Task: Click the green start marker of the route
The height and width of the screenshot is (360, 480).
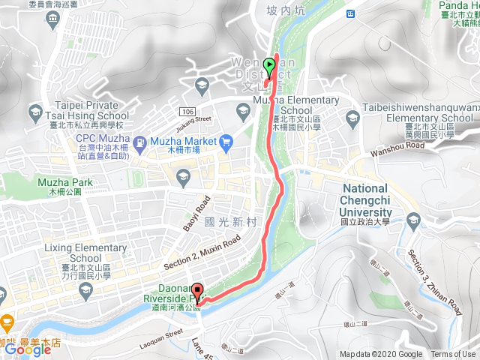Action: point(270,66)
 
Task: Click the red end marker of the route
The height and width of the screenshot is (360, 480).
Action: point(198,289)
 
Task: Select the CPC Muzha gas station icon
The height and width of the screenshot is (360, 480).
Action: point(139,140)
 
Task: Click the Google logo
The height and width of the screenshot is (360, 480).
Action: point(27,349)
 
